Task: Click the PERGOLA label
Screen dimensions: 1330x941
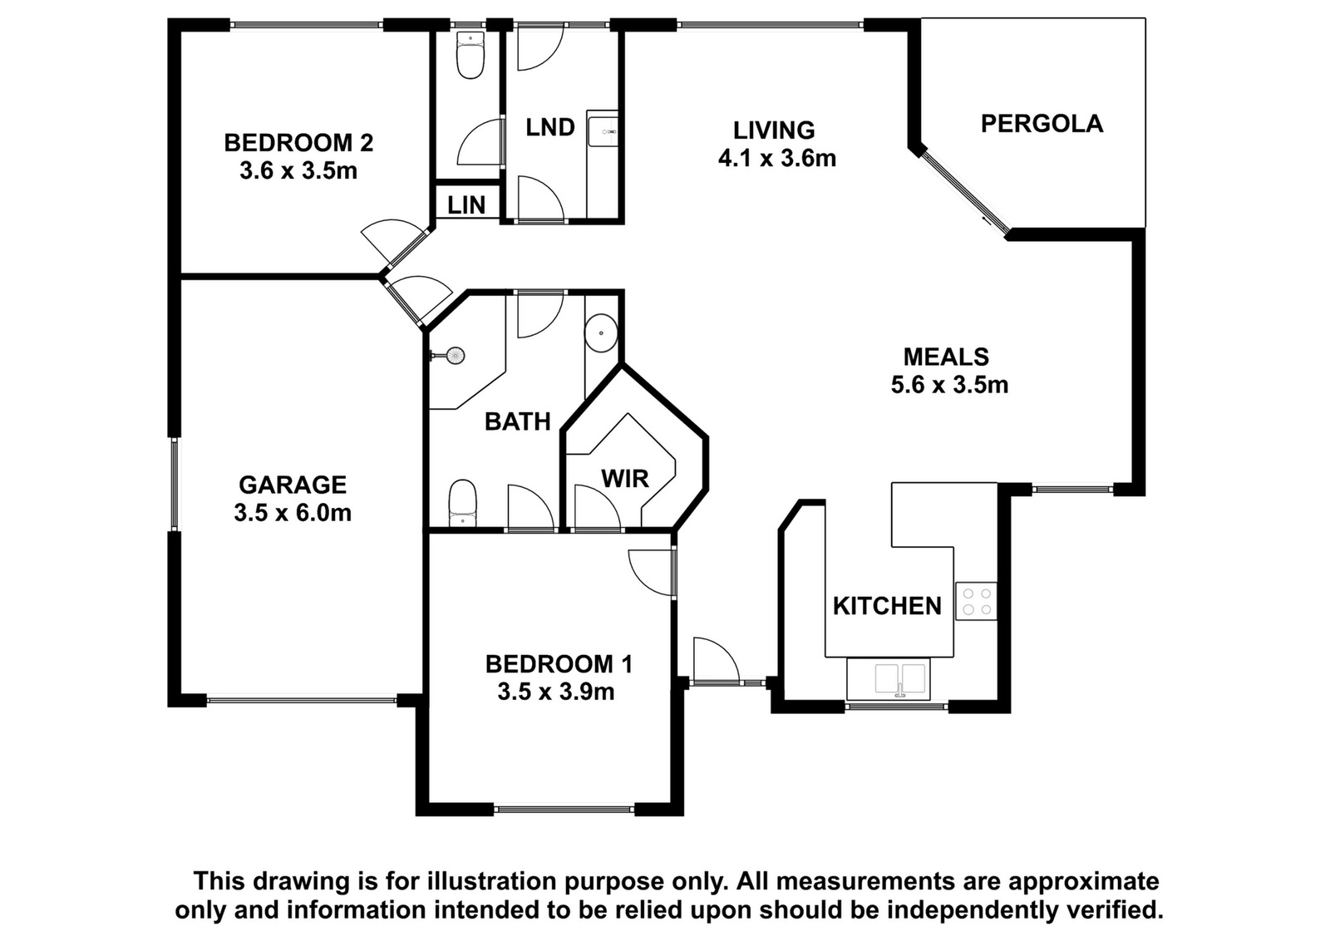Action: click(1042, 124)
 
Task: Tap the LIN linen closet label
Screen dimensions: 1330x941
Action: click(466, 204)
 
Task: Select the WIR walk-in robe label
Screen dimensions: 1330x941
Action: click(624, 478)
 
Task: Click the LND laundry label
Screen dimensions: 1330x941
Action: click(550, 127)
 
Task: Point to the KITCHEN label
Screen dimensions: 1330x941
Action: click(887, 605)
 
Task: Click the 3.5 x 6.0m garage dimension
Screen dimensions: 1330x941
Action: click(293, 512)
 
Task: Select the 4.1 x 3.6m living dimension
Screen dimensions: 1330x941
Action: click(777, 158)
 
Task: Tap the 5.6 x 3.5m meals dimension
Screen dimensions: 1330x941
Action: click(949, 384)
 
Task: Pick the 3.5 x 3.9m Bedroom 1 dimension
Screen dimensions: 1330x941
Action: click(556, 692)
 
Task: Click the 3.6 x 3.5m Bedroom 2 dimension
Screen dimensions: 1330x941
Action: click(298, 171)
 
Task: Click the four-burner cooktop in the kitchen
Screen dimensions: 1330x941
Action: click(976, 601)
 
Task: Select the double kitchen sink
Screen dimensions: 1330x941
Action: click(899, 678)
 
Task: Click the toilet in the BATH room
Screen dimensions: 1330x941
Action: click(462, 504)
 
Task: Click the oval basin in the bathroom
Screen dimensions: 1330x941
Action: click(601, 333)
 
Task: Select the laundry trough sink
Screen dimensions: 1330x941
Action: click(603, 131)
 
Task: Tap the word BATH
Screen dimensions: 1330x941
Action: click(518, 421)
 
